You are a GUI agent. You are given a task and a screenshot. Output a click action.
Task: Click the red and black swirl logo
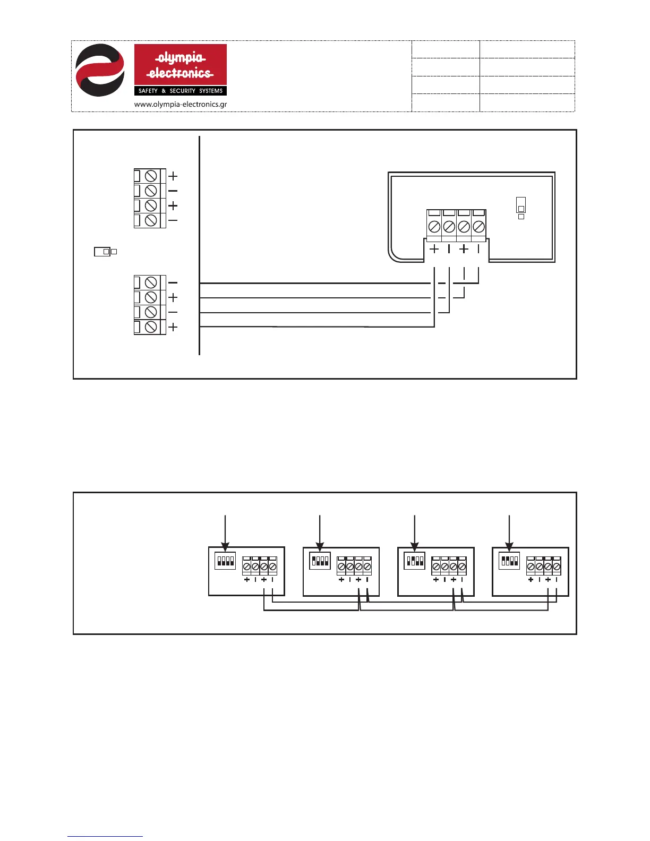[x=100, y=70]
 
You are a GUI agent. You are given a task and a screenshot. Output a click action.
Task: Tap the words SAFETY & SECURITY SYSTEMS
[x=180, y=91]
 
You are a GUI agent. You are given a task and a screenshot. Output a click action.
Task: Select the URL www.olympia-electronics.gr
[x=180, y=104]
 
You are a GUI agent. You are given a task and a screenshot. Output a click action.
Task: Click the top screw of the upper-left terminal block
[x=151, y=176]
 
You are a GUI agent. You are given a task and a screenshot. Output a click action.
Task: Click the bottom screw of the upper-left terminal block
[x=151, y=220]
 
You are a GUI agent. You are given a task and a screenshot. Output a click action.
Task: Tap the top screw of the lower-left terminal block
[x=151, y=282]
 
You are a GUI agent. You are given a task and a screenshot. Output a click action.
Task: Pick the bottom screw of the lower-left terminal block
[x=151, y=327]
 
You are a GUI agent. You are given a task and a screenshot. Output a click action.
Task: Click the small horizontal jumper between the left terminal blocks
[x=102, y=252]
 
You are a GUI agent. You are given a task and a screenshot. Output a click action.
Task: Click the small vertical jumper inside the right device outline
[x=521, y=205]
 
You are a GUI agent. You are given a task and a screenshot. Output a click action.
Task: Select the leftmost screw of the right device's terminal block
[x=434, y=227]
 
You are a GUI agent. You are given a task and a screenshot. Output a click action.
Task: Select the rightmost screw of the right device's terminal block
[x=478, y=227]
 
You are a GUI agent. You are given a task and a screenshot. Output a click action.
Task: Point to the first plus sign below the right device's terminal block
[x=434, y=248]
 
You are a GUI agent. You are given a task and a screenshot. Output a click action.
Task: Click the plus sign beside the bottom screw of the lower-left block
[x=173, y=328]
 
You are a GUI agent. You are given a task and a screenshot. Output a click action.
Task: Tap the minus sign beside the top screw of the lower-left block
[x=173, y=283]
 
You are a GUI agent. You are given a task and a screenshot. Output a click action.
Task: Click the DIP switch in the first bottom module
[x=225, y=561]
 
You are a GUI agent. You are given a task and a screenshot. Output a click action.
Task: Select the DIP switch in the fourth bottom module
[x=509, y=561]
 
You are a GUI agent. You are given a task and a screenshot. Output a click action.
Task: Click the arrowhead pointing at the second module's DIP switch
[x=320, y=546]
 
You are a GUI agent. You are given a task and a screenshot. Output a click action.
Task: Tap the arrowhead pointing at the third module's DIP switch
[x=415, y=546]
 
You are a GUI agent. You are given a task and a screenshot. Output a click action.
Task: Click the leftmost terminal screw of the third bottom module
[x=436, y=567]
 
